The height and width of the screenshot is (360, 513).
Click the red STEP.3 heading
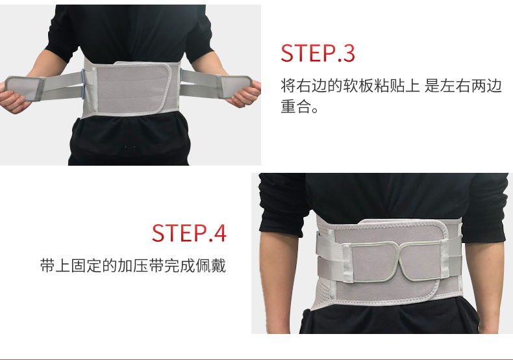coord(318,53)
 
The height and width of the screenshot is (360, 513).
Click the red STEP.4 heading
coord(189,233)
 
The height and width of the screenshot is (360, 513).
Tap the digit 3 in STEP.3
coord(348,53)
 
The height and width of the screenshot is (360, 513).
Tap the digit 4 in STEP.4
coord(219,233)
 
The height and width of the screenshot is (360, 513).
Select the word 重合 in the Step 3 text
coord(295,107)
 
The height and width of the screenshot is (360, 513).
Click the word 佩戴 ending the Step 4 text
coord(210,265)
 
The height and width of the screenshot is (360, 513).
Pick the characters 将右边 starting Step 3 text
coord(303,85)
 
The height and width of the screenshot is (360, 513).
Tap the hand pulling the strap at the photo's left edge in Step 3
coord(12,101)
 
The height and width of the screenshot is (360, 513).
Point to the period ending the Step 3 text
coord(315,110)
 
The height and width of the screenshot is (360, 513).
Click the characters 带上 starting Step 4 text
coord(55,265)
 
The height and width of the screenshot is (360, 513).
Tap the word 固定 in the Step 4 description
coord(86,265)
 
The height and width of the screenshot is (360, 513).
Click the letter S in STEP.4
coord(158,233)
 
